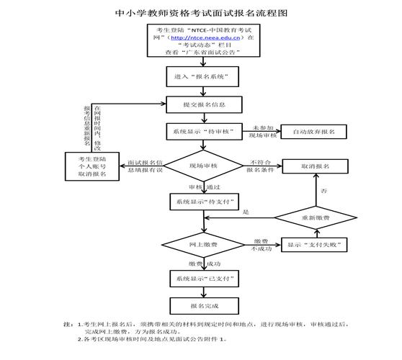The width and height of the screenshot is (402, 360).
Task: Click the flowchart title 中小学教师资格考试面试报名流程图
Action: click(201, 13)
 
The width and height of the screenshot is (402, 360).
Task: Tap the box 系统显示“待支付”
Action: click(201, 202)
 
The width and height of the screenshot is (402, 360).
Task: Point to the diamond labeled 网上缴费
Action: click(201, 246)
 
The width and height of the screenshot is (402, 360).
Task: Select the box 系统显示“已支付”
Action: click(201, 278)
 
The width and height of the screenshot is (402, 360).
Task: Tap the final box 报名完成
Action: click(201, 305)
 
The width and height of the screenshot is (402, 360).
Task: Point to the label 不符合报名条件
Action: click(261, 166)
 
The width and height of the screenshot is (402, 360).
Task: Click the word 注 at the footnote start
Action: click(67, 325)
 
